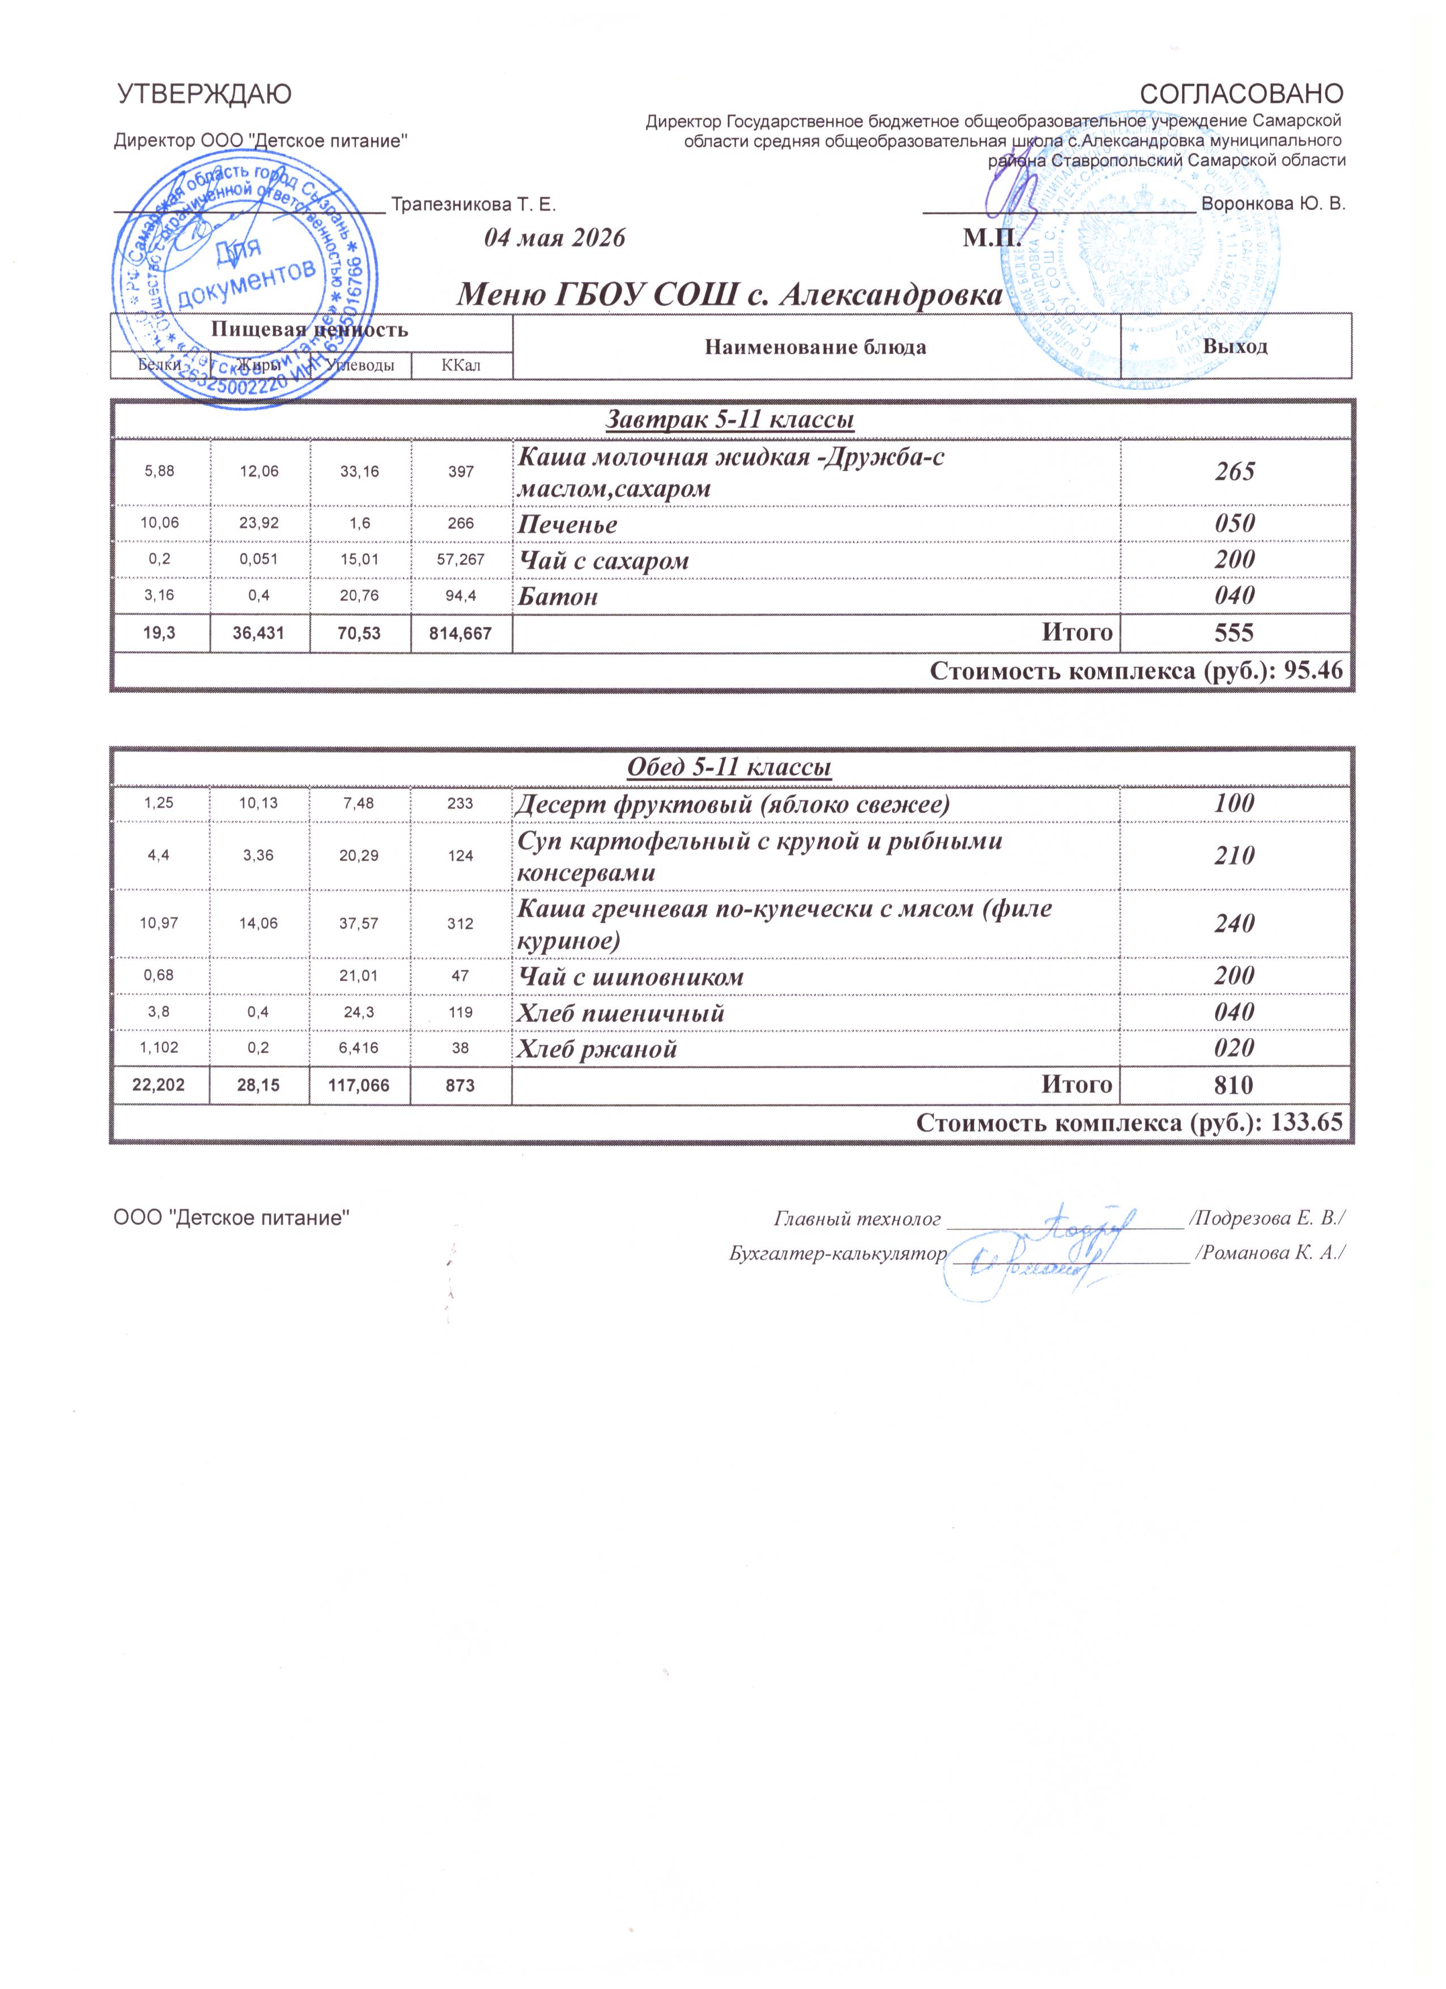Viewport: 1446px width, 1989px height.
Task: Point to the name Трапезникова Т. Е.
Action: click(x=474, y=205)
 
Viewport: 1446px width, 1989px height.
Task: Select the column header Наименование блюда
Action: click(x=815, y=347)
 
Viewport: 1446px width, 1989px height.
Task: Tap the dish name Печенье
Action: click(x=567, y=524)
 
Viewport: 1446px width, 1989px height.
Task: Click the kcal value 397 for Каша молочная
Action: click(x=461, y=472)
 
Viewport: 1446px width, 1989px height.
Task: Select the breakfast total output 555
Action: click(x=1235, y=633)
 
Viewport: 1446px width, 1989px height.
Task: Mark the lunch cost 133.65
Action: click(x=1307, y=1123)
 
